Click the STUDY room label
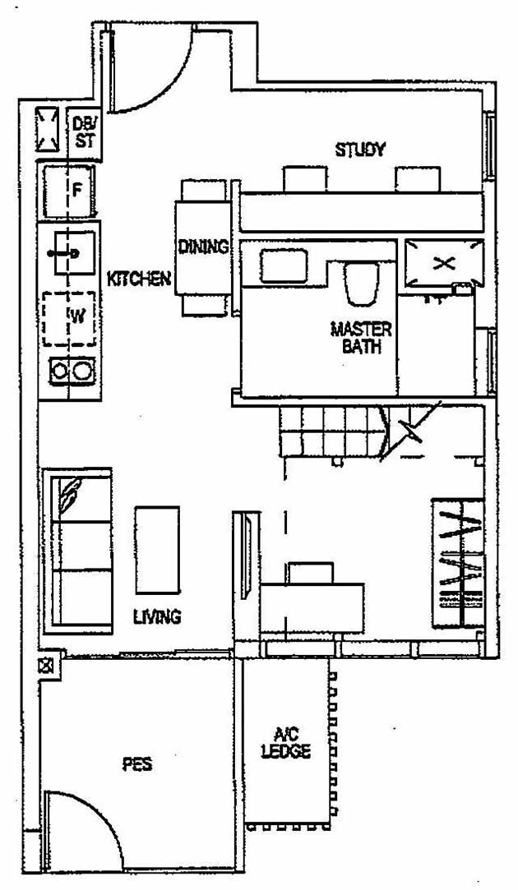click(x=360, y=150)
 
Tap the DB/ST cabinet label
click(x=85, y=131)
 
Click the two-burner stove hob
click(x=70, y=372)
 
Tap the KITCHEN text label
click(x=139, y=279)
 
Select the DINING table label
click(x=203, y=246)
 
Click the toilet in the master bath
click(x=359, y=284)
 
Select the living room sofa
click(x=76, y=550)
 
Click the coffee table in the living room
click(x=157, y=549)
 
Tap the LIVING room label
click(x=157, y=616)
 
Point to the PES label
click(x=136, y=764)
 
